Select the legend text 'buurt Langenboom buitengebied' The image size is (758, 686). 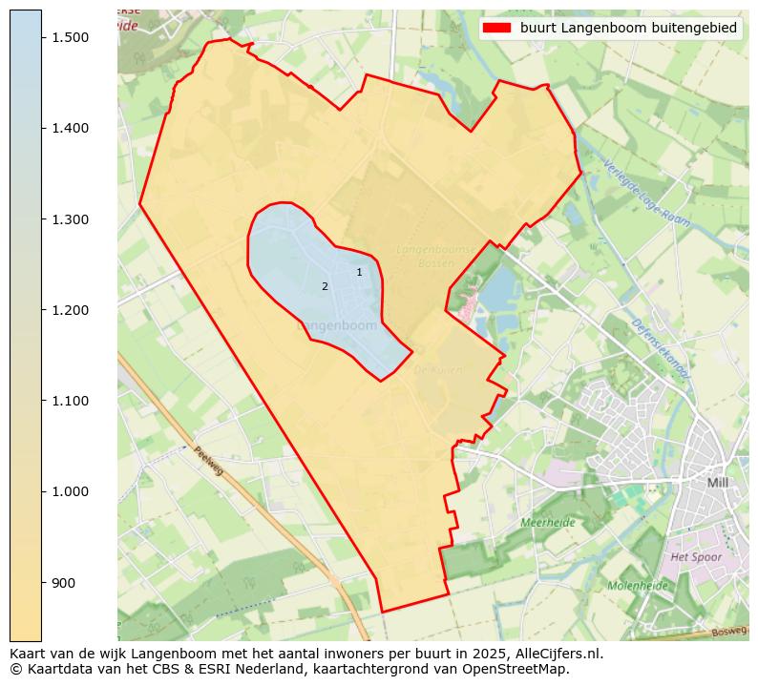[628, 28]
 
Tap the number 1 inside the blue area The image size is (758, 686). [359, 272]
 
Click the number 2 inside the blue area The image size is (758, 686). [325, 286]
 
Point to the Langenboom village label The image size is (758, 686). [338, 325]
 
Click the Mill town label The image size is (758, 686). [717, 483]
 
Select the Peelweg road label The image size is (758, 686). [208, 463]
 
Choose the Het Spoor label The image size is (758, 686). [696, 556]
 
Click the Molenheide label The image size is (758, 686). [638, 585]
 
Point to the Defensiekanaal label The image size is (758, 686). [658, 348]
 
